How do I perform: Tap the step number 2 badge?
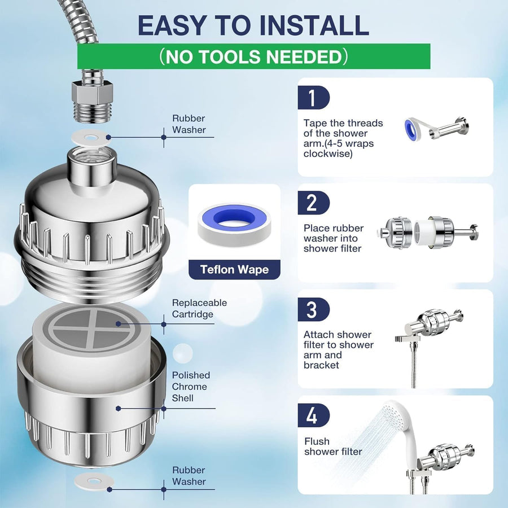[x=312, y=203]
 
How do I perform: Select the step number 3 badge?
[x=312, y=309]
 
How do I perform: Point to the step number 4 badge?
[x=312, y=415]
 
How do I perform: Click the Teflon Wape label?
[x=234, y=269]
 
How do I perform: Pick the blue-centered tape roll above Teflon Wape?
[x=234, y=220]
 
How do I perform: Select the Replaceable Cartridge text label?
[x=199, y=308]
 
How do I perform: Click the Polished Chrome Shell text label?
[x=191, y=387]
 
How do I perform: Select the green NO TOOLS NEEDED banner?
[x=253, y=56]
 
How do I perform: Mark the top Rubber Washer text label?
[x=189, y=124]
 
